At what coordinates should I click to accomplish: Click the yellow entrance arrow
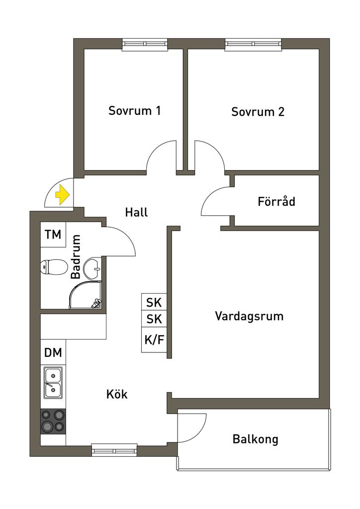[x=62, y=194]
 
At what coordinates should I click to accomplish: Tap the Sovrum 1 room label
[x=134, y=110]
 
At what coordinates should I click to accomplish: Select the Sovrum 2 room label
[x=258, y=112]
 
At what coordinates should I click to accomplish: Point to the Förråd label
[x=276, y=202]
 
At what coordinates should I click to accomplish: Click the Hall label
[x=136, y=212]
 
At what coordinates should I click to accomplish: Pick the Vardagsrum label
[x=249, y=316]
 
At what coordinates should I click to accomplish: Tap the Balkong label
[x=255, y=439]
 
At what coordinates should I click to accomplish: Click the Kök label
[x=117, y=395]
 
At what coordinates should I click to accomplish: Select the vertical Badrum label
[x=76, y=257]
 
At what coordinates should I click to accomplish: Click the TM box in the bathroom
[x=53, y=235]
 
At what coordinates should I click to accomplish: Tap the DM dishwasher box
[x=53, y=353]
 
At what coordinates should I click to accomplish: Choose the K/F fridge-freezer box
[x=154, y=340]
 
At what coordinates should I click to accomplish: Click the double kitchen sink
[x=53, y=382]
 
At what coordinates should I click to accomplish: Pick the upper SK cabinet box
[x=154, y=302]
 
